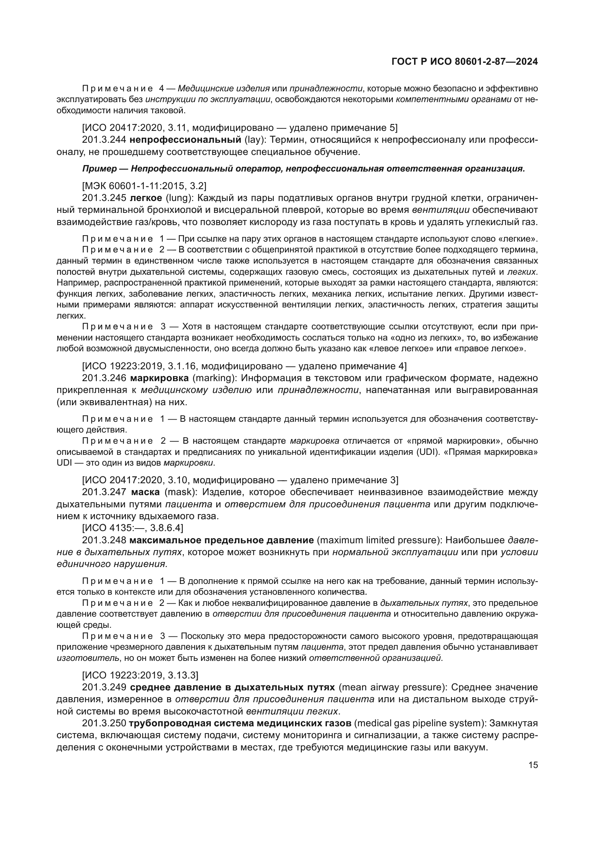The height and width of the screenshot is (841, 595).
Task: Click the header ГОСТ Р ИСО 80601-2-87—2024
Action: point(464,62)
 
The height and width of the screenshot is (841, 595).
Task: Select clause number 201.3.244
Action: point(104,140)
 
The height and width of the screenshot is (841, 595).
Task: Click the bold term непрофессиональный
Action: point(185,140)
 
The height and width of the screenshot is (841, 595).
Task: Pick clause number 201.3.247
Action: point(104,492)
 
